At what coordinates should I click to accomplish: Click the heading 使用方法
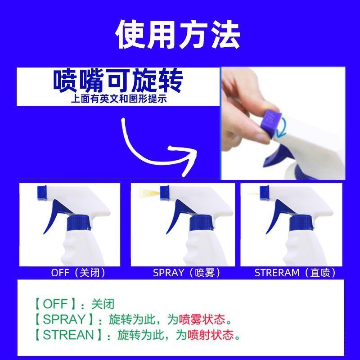point(178,35)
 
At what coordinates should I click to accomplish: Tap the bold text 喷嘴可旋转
point(118,81)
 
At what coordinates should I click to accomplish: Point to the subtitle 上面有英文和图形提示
point(119,99)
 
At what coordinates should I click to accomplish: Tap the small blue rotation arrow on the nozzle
point(282,127)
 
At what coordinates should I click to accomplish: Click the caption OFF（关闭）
point(78,273)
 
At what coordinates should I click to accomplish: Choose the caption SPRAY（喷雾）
point(186,273)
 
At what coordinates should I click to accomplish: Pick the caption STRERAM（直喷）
point(295,273)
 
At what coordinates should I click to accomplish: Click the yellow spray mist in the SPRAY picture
point(149,193)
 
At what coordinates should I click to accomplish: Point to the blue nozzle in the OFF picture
point(42,193)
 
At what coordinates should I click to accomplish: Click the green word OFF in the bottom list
point(55,304)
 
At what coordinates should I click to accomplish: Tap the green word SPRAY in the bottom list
point(64,319)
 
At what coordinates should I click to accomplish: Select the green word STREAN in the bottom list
point(68,334)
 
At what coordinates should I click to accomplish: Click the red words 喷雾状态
point(202,319)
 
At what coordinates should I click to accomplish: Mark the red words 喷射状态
point(211,335)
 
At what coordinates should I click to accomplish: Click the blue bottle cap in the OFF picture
point(78,223)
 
